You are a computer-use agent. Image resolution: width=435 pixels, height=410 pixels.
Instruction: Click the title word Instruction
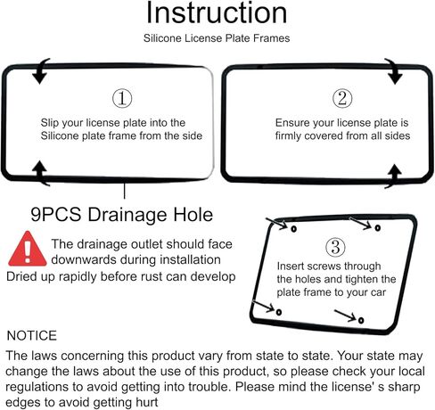coord(217,12)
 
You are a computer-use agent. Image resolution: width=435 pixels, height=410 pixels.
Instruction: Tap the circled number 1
coord(122,99)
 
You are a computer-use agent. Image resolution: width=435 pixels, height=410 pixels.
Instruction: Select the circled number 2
coord(342,99)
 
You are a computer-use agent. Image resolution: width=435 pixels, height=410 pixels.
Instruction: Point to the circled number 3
coord(335,247)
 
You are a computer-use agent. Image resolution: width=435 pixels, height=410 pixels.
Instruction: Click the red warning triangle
coord(28,249)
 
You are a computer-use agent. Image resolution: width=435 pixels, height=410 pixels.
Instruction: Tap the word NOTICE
coord(32,336)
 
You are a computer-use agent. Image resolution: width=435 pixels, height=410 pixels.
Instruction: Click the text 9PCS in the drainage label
coord(56,215)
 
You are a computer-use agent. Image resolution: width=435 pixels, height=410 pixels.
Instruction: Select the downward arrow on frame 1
coord(41,71)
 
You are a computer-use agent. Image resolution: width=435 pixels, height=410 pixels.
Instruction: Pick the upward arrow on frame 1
coord(40,173)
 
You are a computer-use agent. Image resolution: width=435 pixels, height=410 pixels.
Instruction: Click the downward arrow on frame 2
coord(394,71)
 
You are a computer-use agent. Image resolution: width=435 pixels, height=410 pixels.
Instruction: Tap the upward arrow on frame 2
coord(394,176)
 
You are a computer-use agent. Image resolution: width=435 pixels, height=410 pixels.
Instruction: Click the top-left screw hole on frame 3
coord(294,229)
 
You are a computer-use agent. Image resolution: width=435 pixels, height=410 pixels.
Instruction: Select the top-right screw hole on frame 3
coord(378,228)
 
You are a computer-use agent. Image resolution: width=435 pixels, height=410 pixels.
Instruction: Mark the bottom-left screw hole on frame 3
coord(279,312)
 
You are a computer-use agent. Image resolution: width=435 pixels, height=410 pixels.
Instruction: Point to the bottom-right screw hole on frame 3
coord(361,320)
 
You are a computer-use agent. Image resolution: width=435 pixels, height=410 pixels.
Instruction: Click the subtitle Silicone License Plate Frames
coord(217,38)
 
